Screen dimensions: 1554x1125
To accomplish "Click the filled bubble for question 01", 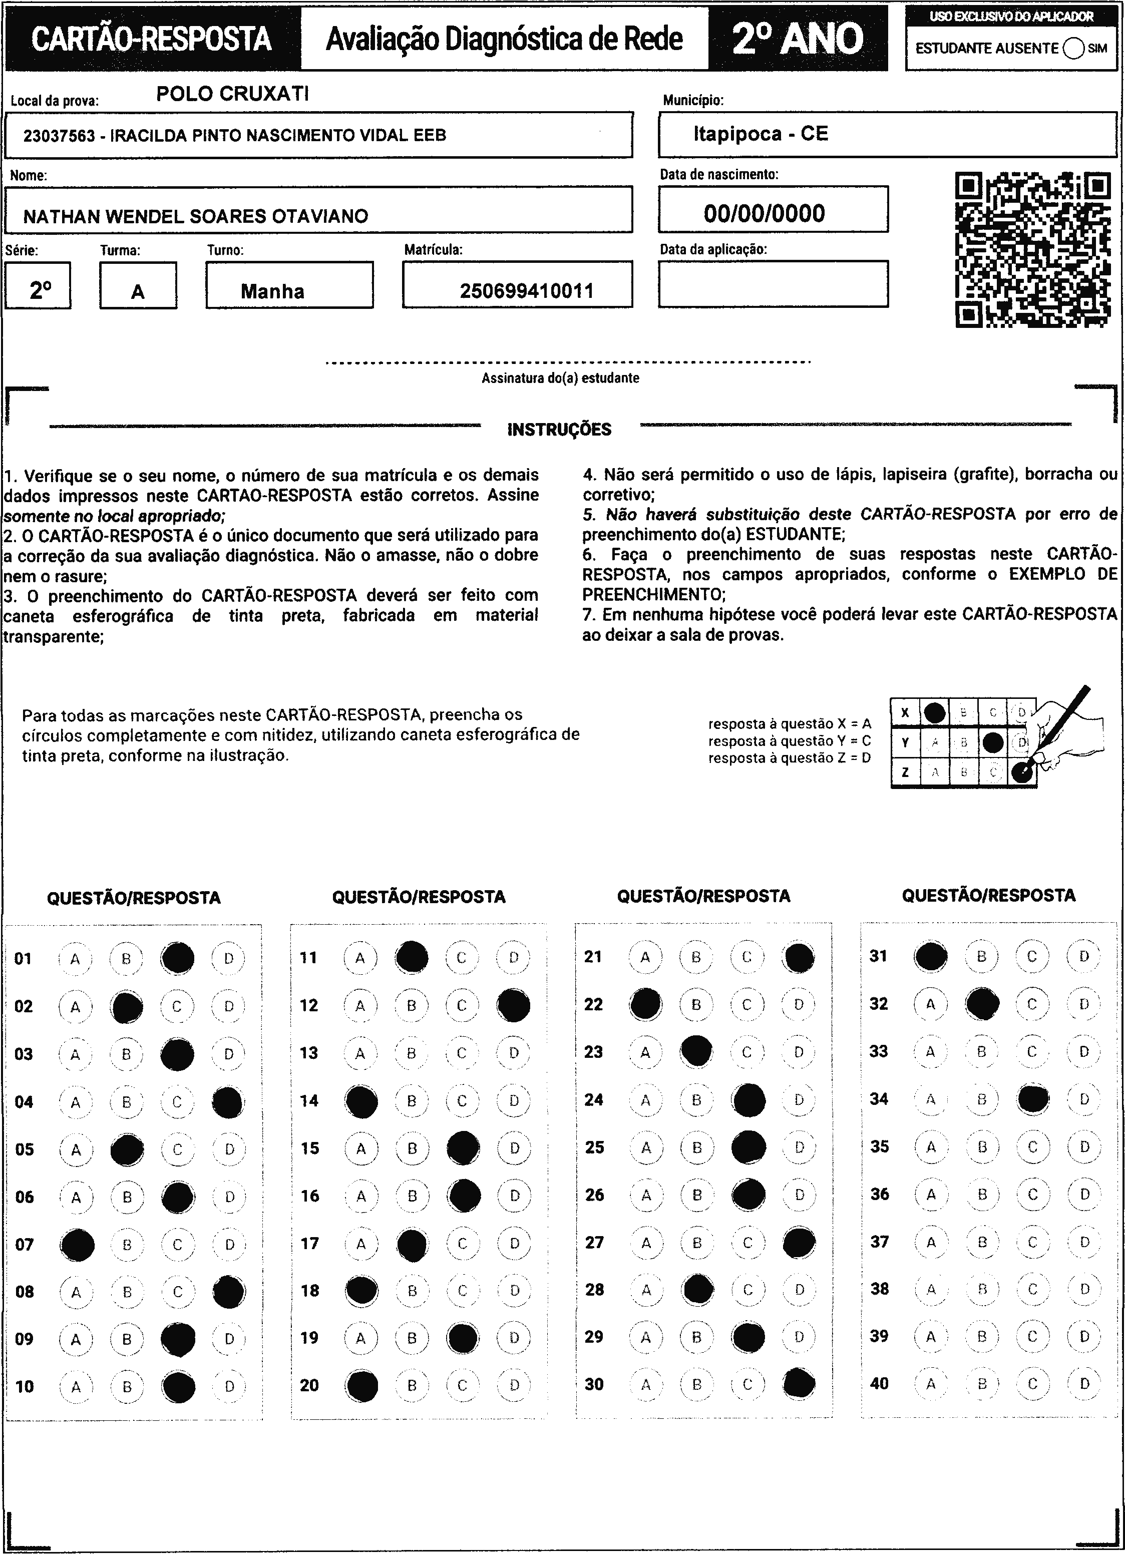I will [x=177, y=958].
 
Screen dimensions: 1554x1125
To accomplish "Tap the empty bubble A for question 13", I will [x=360, y=1053].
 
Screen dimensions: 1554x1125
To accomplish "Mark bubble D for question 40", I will [x=1084, y=1383].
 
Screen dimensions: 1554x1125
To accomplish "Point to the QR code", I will [x=1032, y=249].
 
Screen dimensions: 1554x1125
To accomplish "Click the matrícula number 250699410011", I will [x=526, y=291].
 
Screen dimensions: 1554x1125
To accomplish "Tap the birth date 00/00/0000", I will [x=764, y=214].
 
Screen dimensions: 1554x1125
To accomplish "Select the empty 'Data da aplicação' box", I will [x=773, y=284].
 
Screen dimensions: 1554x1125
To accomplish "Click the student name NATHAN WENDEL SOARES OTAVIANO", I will [x=196, y=216].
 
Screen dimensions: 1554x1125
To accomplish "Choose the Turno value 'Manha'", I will [x=272, y=291].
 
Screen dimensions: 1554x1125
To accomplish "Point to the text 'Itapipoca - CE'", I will [x=761, y=134].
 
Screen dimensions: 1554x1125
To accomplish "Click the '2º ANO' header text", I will [x=798, y=39].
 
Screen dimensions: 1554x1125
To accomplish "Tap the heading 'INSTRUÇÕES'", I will [x=559, y=430].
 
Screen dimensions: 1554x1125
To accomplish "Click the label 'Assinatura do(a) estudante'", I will [x=560, y=378].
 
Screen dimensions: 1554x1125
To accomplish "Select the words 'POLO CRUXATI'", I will [x=232, y=94].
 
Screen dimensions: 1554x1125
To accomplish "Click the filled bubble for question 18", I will [x=361, y=1290].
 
